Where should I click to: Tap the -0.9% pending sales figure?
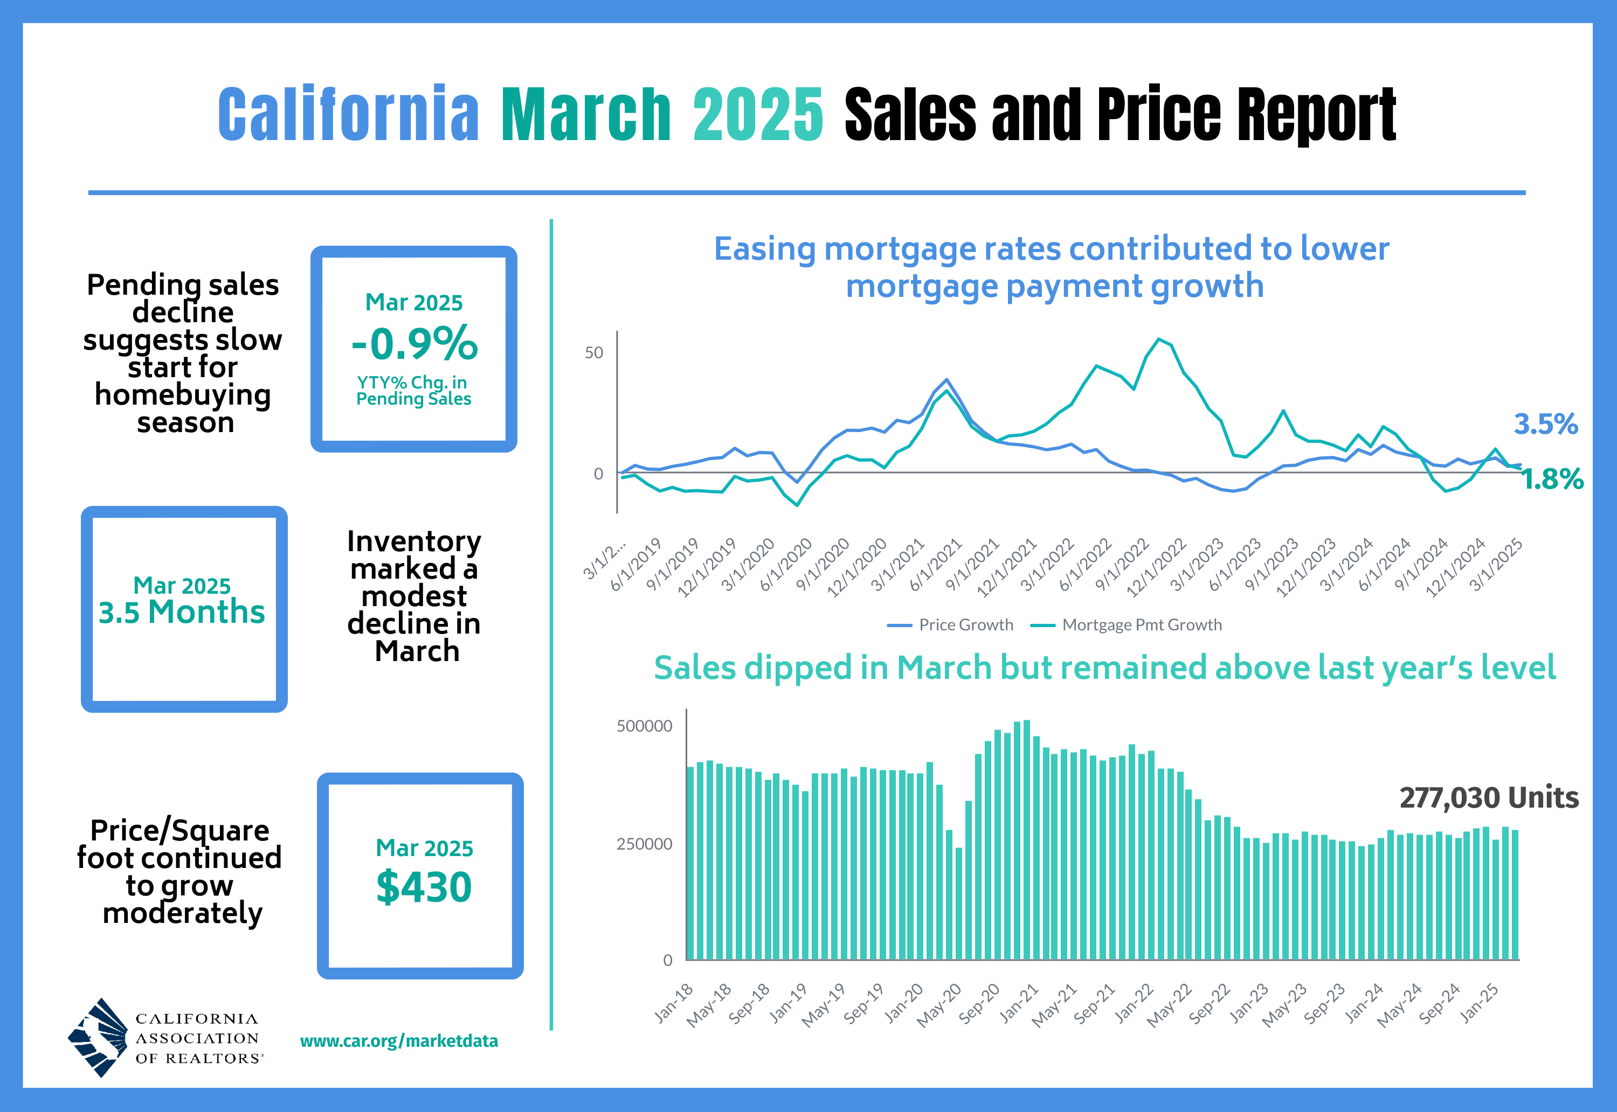point(414,344)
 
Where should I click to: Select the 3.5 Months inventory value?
point(182,611)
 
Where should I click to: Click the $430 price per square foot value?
point(424,887)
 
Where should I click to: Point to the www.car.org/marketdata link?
point(399,1041)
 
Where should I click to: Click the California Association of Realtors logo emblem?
point(98,1038)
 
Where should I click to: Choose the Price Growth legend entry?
point(951,625)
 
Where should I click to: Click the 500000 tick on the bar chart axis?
point(644,726)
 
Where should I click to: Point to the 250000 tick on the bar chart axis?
point(644,844)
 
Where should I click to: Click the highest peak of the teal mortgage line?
point(1158,339)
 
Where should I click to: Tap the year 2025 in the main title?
point(758,114)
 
